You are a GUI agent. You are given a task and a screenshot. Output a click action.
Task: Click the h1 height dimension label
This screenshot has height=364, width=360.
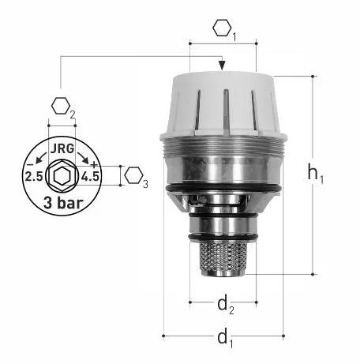(316, 174)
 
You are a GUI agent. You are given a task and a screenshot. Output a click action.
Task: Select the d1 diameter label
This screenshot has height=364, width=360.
(225, 339)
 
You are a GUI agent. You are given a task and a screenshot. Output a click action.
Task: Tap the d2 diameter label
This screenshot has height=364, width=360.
(226, 306)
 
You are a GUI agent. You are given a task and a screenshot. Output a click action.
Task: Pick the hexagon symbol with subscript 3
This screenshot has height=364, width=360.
(137, 177)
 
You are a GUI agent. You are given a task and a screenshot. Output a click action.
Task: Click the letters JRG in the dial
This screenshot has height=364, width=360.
(62, 149)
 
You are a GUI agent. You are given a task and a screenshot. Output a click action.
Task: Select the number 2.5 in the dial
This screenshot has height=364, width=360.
(34, 176)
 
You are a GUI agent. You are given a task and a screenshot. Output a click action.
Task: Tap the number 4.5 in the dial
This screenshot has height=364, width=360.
(90, 176)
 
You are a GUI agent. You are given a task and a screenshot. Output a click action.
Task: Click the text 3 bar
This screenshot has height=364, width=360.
(63, 203)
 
